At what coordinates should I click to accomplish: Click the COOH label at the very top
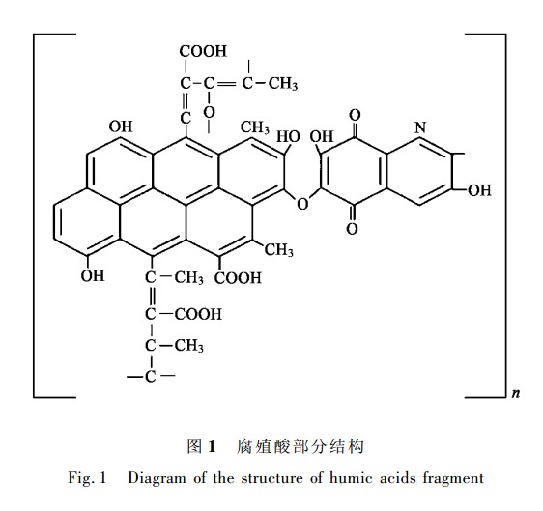pyautogui.click(x=203, y=51)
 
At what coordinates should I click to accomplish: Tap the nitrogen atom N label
pyautogui.click(x=420, y=128)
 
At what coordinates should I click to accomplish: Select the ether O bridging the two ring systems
pyautogui.click(x=302, y=204)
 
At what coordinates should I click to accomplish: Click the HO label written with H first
pyautogui.click(x=288, y=137)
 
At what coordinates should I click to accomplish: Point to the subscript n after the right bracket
pyautogui.click(x=516, y=393)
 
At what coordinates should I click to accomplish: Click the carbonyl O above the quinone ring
pyautogui.click(x=355, y=115)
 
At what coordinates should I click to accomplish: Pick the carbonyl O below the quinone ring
pyautogui.click(x=352, y=229)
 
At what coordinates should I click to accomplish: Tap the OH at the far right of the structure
pyautogui.click(x=479, y=190)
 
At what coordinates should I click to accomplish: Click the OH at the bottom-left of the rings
pyautogui.click(x=93, y=275)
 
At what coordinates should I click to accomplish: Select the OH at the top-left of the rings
pyautogui.click(x=121, y=127)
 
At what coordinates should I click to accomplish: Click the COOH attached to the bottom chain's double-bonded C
pyautogui.click(x=198, y=314)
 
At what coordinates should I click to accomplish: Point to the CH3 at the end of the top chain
pyautogui.click(x=283, y=84)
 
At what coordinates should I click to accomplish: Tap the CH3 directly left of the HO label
pyautogui.click(x=255, y=128)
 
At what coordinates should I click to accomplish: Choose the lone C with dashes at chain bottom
pyautogui.click(x=151, y=376)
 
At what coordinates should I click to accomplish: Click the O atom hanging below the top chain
pyautogui.click(x=209, y=112)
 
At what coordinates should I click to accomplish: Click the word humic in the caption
pyautogui.click(x=351, y=478)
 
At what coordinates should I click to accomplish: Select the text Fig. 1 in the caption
pyautogui.click(x=87, y=478)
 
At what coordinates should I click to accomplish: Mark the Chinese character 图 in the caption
pyautogui.click(x=194, y=446)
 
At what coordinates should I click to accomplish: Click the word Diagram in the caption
pyautogui.click(x=157, y=479)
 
